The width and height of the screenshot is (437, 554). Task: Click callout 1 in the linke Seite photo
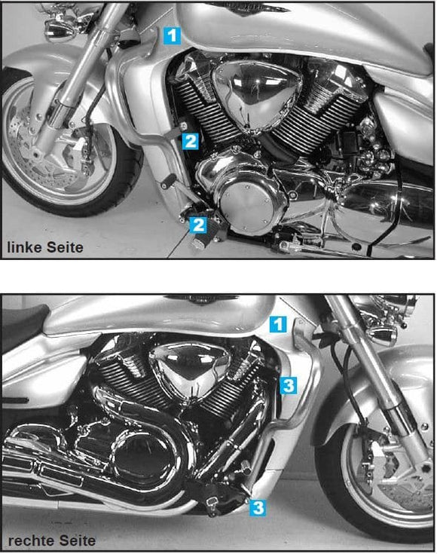coord(173,34)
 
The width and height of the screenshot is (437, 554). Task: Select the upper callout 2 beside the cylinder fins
coord(191,140)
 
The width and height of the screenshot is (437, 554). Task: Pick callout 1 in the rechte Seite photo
coord(278,325)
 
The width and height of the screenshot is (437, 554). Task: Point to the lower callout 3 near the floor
coord(258,507)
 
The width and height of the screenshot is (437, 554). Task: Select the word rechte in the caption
coord(29,540)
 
